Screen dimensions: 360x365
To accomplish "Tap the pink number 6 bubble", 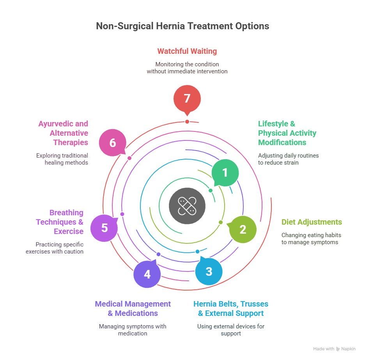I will tap(113, 143).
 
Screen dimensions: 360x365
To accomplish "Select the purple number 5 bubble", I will tap(104, 228).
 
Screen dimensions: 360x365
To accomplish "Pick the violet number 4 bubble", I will tap(147, 274).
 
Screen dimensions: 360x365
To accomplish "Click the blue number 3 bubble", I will tap(209, 271).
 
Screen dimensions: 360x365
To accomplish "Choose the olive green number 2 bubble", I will tap(243, 230).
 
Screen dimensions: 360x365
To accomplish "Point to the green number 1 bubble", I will tap(225, 172).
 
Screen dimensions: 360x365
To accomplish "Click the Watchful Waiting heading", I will tap(187, 51).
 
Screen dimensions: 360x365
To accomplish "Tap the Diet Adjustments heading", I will tap(312, 222).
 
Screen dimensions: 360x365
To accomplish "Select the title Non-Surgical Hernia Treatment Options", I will tap(182, 26).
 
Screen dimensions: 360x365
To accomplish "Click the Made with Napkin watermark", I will tap(334, 349).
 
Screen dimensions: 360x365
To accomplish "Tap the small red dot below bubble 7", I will tap(187, 122).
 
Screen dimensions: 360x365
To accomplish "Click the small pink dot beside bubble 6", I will tap(129, 158).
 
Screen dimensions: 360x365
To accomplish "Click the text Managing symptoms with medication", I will tap(133, 330).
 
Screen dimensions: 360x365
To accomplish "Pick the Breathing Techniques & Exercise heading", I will tap(60, 222).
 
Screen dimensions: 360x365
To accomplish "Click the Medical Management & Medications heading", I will tap(133, 309).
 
